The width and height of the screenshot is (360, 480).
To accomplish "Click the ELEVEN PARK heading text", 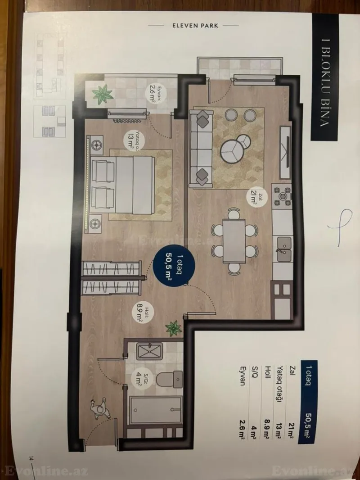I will [x=196, y=26].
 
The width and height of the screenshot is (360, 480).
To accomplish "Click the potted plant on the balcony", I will [x=102, y=95].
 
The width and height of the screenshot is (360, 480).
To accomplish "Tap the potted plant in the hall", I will [x=173, y=327].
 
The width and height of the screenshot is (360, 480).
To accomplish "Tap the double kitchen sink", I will [x=283, y=247].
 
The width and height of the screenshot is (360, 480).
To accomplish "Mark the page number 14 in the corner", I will [x=31, y=458].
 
